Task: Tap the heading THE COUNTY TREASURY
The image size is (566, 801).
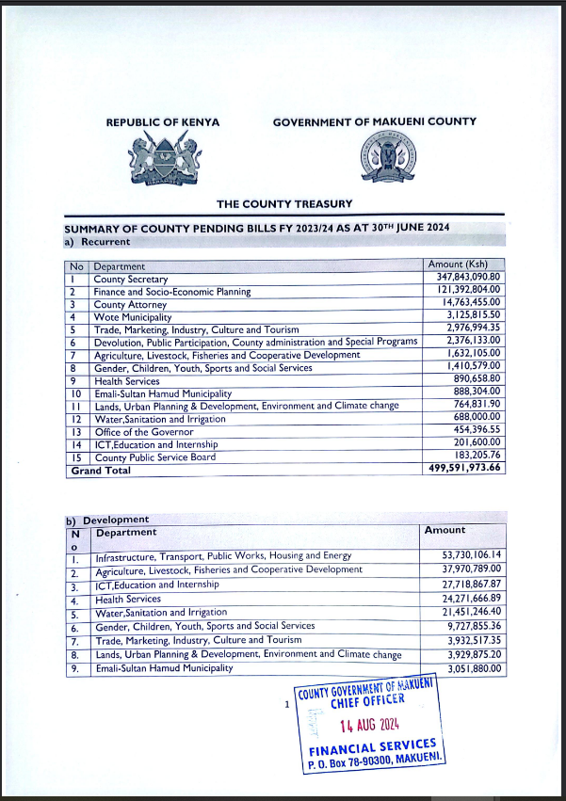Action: pos(283,203)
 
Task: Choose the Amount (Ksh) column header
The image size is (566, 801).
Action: pos(461,265)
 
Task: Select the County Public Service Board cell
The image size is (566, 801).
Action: pos(154,457)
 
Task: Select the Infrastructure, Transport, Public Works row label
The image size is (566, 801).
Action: pos(222,557)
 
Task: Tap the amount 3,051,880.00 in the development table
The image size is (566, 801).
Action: pos(471,668)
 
